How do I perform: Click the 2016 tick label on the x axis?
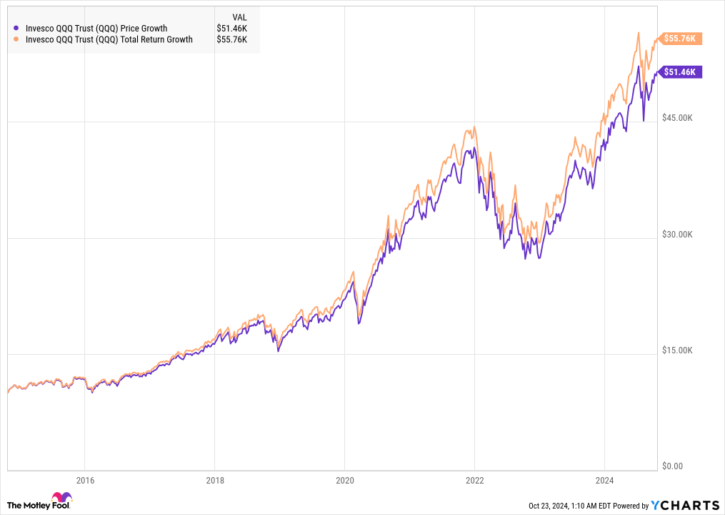tap(84, 479)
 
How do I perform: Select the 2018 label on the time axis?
tap(214, 479)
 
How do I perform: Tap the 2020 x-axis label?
tap(344, 479)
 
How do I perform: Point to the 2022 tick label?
tap(475, 479)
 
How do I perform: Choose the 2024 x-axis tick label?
tap(605, 479)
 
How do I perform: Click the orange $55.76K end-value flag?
tap(680, 39)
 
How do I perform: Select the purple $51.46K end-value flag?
tap(680, 72)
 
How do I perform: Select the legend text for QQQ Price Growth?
tap(96, 29)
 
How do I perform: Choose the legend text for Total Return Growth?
tap(109, 40)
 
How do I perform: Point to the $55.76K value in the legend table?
tap(232, 40)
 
